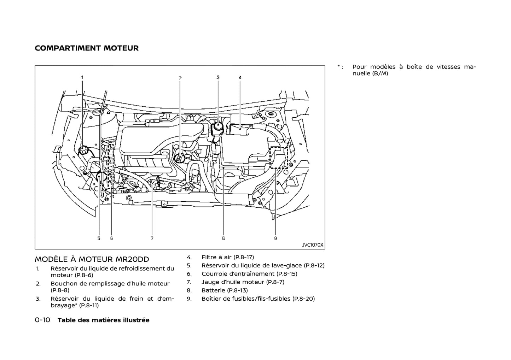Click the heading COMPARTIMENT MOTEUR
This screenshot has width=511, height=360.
click(87, 48)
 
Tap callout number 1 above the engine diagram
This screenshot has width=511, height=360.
click(82, 77)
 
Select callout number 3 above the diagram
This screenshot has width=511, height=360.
click(218, 77)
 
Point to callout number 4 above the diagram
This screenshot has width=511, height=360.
click(240, 77)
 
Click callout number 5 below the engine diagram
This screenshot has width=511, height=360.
click(99, 238)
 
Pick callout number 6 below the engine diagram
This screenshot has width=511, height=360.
click(111, 238)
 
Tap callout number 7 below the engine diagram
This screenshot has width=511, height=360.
click(152, 238)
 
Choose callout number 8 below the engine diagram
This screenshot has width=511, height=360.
click(223, 238)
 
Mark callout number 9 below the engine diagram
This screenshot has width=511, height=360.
click(275, 238)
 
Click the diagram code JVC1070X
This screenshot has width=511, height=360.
click(312, 245)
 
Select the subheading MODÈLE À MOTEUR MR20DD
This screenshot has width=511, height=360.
click(92, 259)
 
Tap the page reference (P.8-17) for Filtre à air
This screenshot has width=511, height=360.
click(244, 257)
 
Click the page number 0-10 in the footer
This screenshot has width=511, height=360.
click(42, 320)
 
